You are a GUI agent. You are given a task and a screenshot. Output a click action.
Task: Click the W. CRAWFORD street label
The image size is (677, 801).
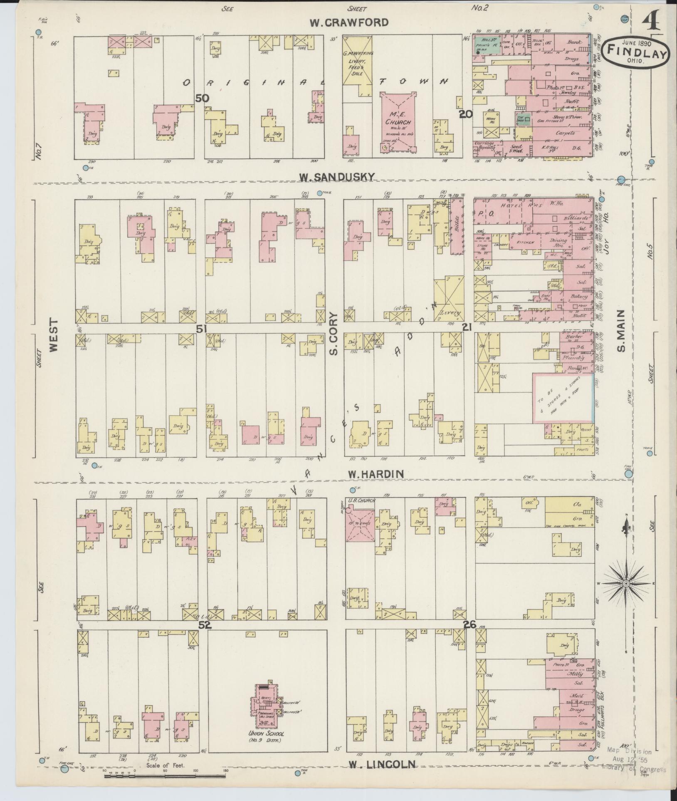coord(349,22)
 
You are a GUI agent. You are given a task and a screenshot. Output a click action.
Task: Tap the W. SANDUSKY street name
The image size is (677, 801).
coord(337,177)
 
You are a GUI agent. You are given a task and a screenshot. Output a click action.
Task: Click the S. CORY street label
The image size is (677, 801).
coord(334,340)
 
